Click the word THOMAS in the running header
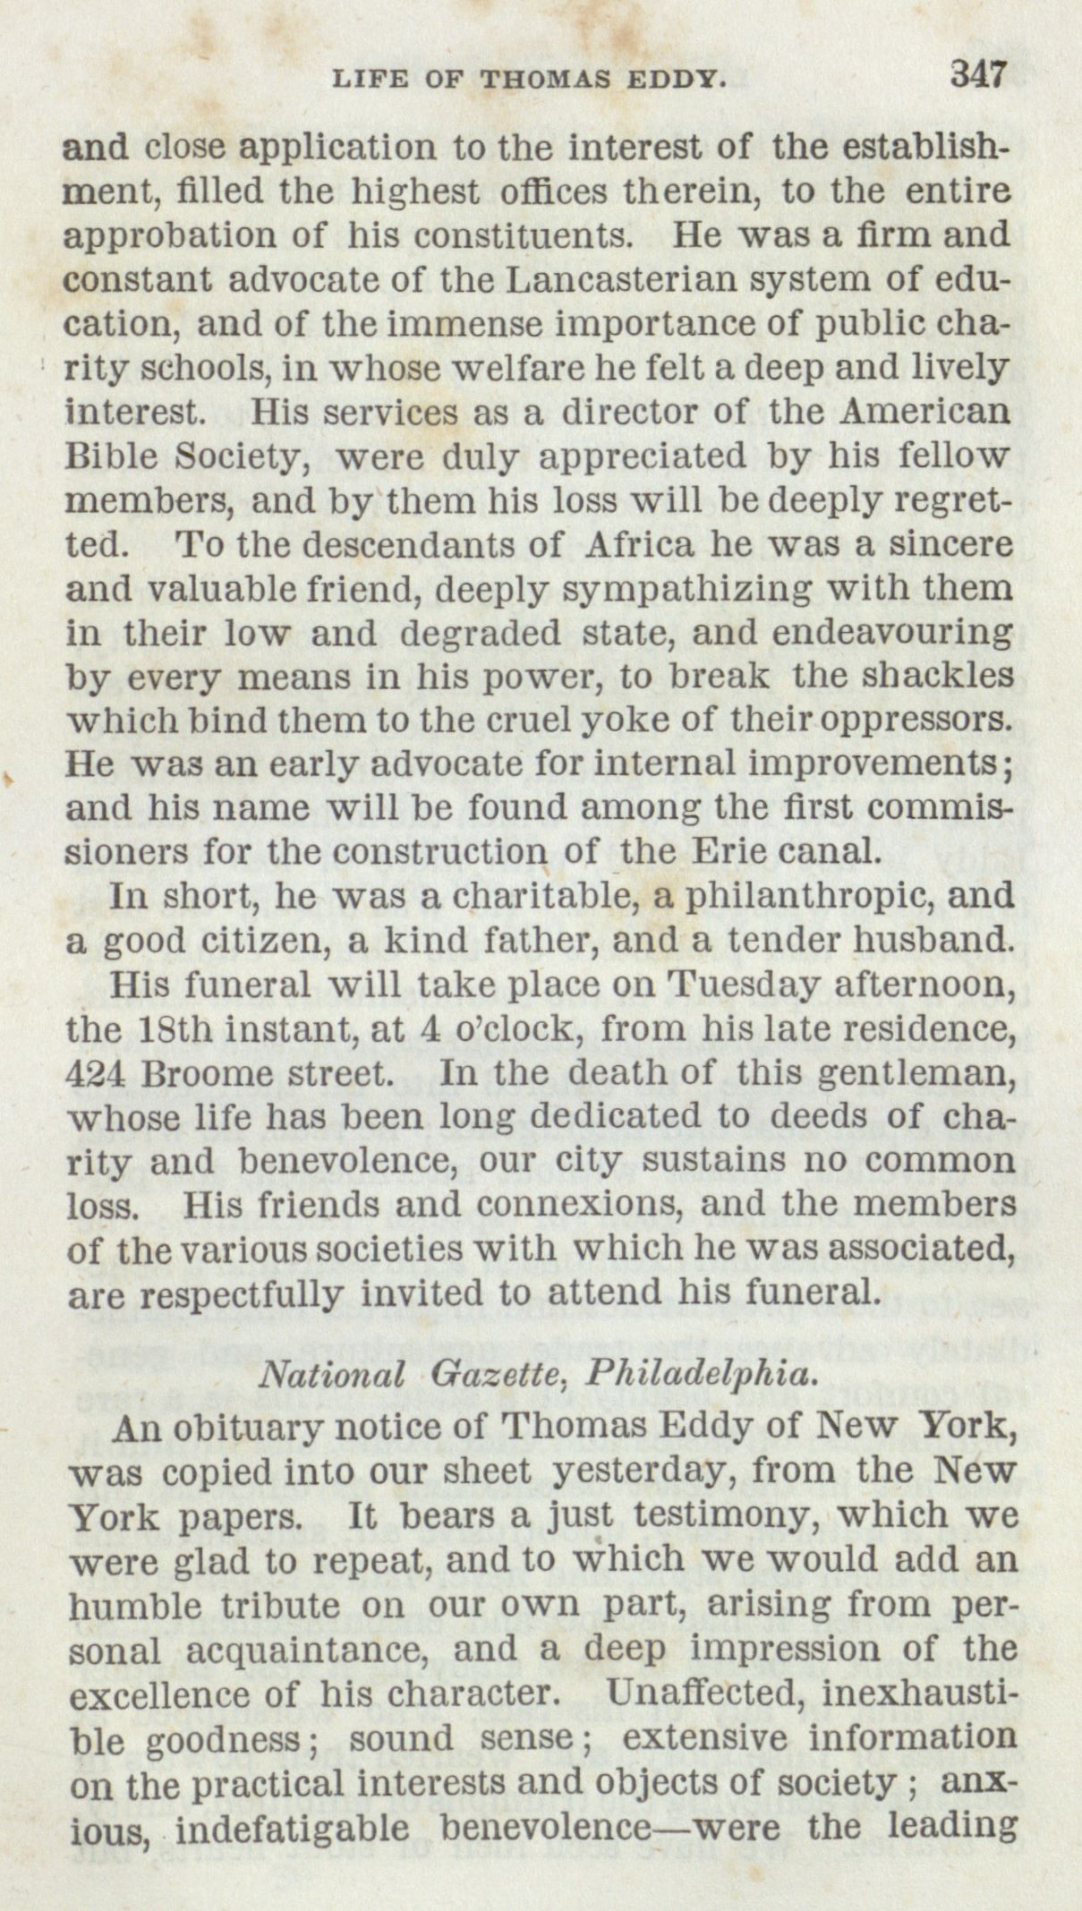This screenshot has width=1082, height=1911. click(543, 80)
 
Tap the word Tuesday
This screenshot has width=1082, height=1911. click(739, 985)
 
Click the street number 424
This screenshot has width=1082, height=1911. click(95, 1072)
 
